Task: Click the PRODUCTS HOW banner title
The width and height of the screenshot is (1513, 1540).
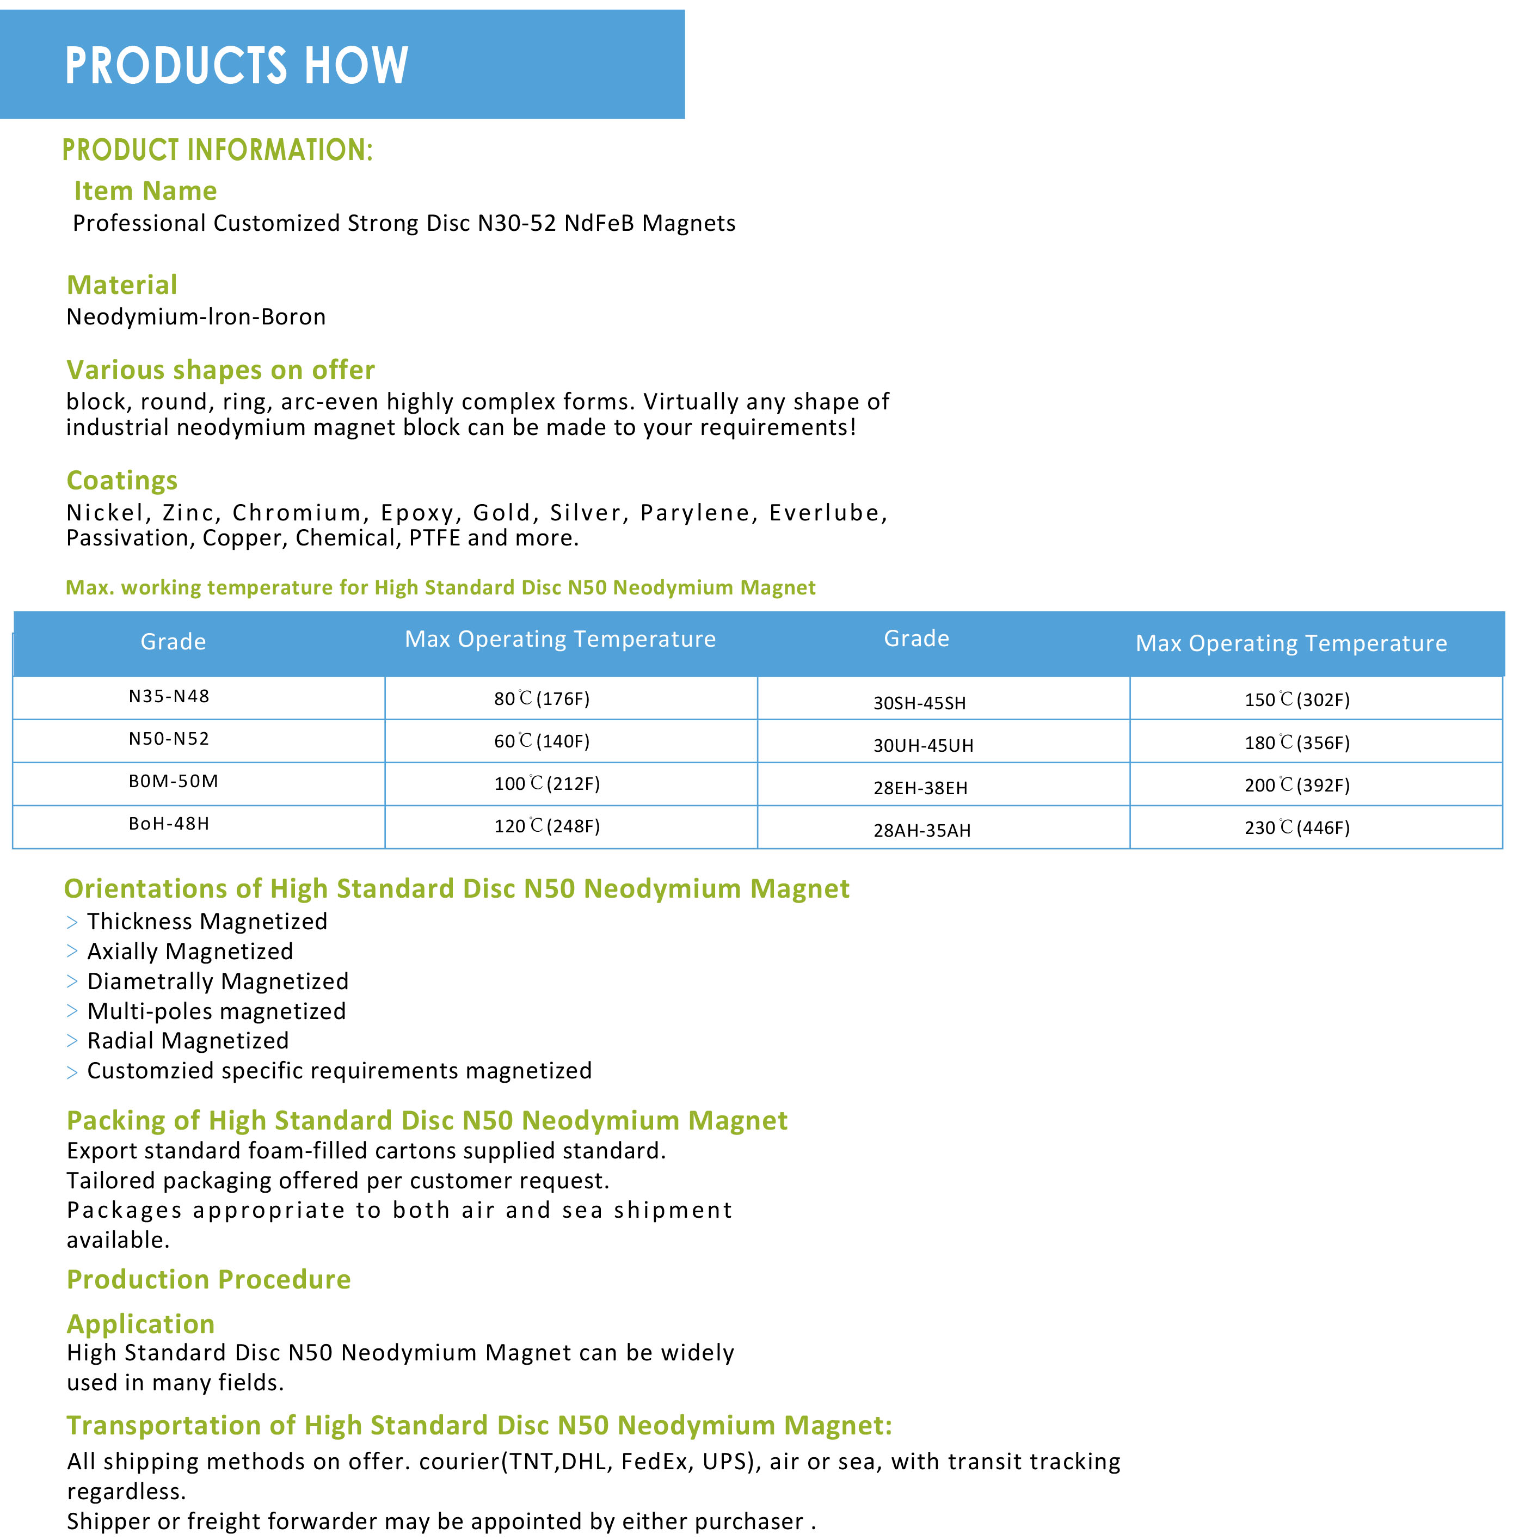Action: coord(236,65)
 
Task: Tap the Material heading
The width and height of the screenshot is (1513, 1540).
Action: coord(121,285)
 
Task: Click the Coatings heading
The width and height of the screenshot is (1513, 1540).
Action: coord(121,480)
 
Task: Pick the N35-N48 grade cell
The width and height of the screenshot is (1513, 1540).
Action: coord(169,697)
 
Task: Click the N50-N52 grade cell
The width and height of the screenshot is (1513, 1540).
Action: coord(169,739)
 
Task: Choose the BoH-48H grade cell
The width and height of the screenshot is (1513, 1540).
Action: coord(169,824)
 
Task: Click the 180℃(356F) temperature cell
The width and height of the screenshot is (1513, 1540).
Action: coord(1297,743)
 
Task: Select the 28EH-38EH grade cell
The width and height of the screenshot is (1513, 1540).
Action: coord(920,788)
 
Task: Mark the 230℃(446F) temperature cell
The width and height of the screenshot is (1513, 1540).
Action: coord(1297,828)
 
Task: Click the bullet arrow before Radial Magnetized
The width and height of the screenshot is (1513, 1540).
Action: coord(72,1041)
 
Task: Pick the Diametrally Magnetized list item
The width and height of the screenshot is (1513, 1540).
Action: coord(218,981)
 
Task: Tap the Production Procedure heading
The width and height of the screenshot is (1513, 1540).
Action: coord(208,1279)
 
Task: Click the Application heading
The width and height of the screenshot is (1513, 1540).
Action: coord(140,1324)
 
